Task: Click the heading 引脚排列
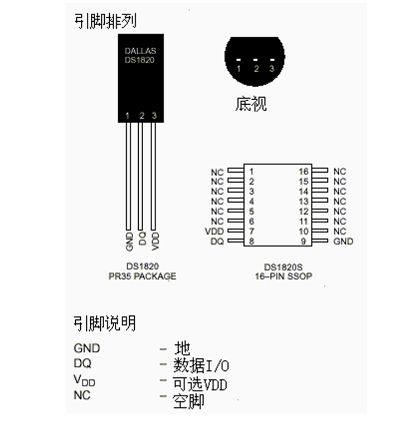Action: pos(105,21)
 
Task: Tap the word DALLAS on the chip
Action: pos(140,51)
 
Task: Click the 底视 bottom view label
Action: pos(251,104)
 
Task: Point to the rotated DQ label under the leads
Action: pos(142,240)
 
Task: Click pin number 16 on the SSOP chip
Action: pos(304,171)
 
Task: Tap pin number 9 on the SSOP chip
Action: pos(304,241)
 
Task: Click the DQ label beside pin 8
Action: pos(217,242)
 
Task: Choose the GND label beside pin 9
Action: pos(343,241)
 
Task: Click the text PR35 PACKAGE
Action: pos(142,276)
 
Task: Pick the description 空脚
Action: pos(188,401)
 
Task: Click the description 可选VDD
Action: pos(200,383)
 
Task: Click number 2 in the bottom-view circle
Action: pos(256,69)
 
